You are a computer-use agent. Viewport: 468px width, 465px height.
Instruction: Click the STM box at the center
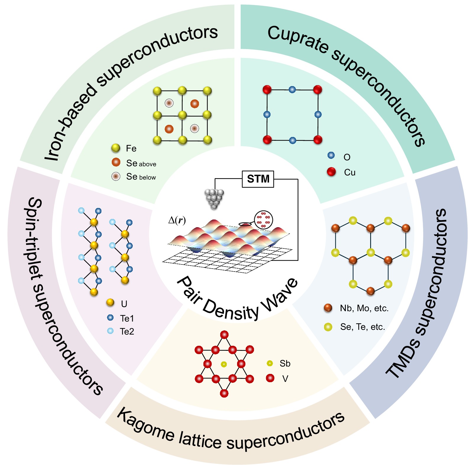258,179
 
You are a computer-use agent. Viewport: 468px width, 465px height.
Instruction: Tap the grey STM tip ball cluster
214,198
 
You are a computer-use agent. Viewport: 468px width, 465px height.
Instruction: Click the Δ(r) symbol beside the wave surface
177,220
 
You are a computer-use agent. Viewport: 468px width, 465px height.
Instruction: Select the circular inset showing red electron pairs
263,219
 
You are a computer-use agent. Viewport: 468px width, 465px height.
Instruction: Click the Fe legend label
131,148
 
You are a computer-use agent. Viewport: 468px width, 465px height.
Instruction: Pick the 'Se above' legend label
141,163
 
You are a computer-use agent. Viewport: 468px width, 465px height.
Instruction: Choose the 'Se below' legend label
141,177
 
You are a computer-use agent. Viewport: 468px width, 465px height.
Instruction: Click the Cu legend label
349,172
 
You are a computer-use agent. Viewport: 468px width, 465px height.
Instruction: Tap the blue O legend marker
331,155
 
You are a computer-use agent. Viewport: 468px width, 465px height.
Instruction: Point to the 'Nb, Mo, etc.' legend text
364,308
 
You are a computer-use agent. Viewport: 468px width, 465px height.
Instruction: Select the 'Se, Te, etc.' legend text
362,327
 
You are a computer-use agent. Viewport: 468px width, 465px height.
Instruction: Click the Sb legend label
285,364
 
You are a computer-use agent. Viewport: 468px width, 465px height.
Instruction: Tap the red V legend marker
270,378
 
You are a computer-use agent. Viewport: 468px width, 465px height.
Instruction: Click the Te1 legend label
127,318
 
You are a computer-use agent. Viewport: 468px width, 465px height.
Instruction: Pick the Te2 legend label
127,331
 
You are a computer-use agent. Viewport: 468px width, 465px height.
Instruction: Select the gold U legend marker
110,302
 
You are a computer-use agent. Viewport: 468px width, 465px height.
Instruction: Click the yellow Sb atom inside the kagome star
224,364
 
